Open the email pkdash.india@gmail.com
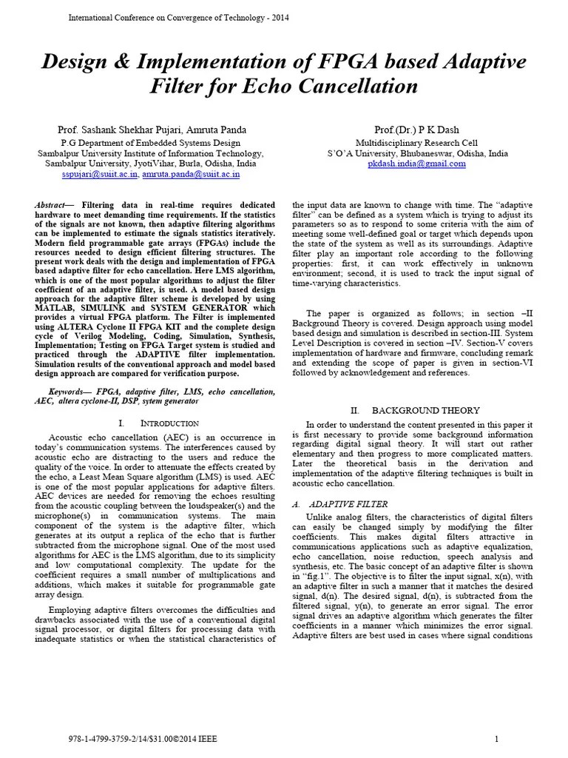[x=416, y=164]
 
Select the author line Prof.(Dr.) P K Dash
[x=417, y=130]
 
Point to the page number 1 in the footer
[x=496, y=739]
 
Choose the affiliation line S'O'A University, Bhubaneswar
[x=417, y=153]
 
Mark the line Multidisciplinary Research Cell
[x=417, y=143]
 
